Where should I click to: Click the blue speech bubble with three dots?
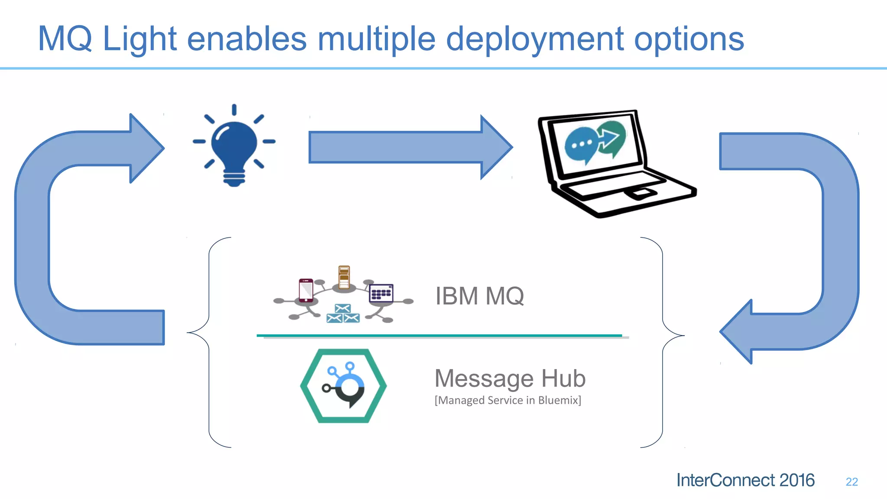[x=580, y=144]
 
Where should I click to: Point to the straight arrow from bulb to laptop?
[x=407, y=147]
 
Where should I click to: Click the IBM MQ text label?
[x=479, y=296]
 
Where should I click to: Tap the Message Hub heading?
[x=510, y=378]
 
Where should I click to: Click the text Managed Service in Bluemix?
[x=508, y=400]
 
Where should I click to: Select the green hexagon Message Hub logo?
[x=343, y=386]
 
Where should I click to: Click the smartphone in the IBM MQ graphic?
[x=306, y=290]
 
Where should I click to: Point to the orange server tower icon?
[x=344, y=277]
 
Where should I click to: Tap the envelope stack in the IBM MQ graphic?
[x=343, y=314]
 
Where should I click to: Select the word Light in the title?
[x=139, y=39]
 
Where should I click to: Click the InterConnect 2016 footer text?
[x=745, y=480]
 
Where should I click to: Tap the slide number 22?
[x=851, y=482]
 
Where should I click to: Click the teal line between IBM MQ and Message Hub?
[x=439, y=335]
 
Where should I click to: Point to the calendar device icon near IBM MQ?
[x=381, y=293]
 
